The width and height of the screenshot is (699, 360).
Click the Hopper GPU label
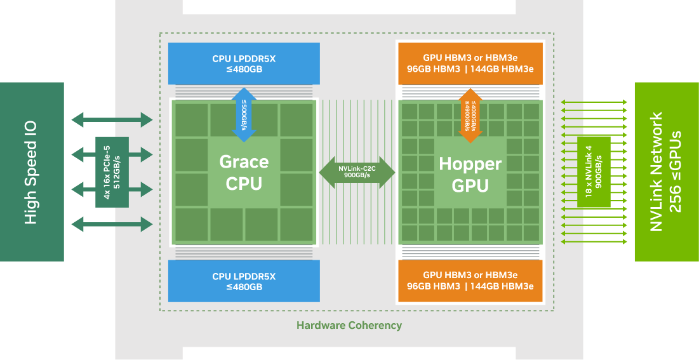[470, 175]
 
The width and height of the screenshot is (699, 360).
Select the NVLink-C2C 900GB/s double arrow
[357, 172]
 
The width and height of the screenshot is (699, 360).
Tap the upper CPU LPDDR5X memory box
[244, 63]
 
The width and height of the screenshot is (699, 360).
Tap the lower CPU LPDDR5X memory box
[244, 281]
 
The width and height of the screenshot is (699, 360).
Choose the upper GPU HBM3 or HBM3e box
[470, 63]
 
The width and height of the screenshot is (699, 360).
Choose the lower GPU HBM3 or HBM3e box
[470, 281]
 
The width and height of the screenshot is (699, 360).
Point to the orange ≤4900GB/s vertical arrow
[470, 113]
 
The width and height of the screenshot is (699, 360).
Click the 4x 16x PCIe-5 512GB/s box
[112, 172]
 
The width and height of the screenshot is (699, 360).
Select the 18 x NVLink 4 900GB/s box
[594, 172]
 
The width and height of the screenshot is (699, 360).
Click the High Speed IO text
[30, 172]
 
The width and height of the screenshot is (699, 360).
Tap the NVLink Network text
[657, 172]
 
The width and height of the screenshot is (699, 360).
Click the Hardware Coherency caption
[349, 325]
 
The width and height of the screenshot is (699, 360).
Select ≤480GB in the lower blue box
[244, 287]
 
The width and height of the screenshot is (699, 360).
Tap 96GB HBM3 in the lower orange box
[434, 286]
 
